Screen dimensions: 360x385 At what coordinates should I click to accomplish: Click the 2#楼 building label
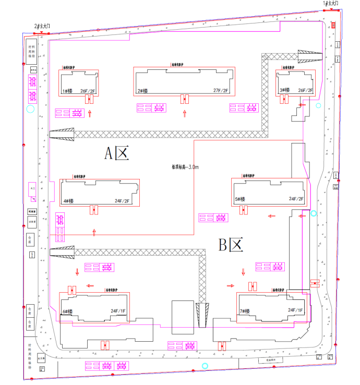click(x=143, y=91)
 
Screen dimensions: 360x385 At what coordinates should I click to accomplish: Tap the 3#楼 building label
click(x=284, y=90)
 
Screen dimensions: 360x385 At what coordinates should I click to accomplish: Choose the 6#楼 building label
click(x=68, y=311)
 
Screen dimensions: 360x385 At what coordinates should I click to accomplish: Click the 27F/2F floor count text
click(x=221, y=91)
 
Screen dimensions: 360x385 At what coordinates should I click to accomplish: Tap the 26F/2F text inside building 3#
click(x=305, y=90)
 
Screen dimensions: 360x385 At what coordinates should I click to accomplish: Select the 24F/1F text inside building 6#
click(x=118, y=311)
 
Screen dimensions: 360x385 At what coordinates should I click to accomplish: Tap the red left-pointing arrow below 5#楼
click(x=271, y=215)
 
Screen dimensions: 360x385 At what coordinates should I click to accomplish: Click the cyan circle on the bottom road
click(x=205, y=366)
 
